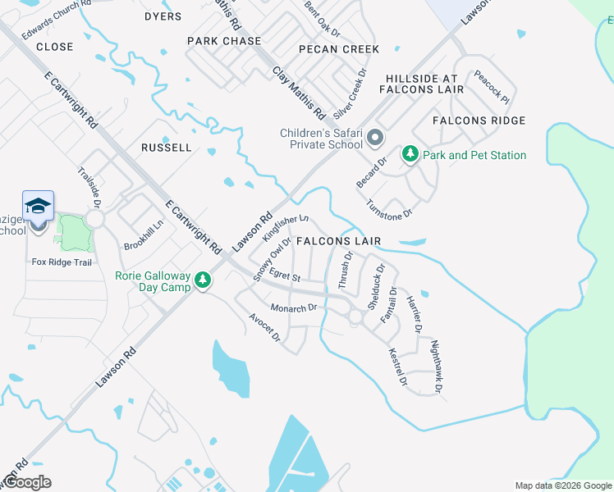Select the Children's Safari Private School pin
coord(375,138)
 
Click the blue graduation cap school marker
coord(39,206)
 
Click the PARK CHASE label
coord(224,41)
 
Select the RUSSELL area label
coord(167,148)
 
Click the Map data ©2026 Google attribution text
coord(562,485)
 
